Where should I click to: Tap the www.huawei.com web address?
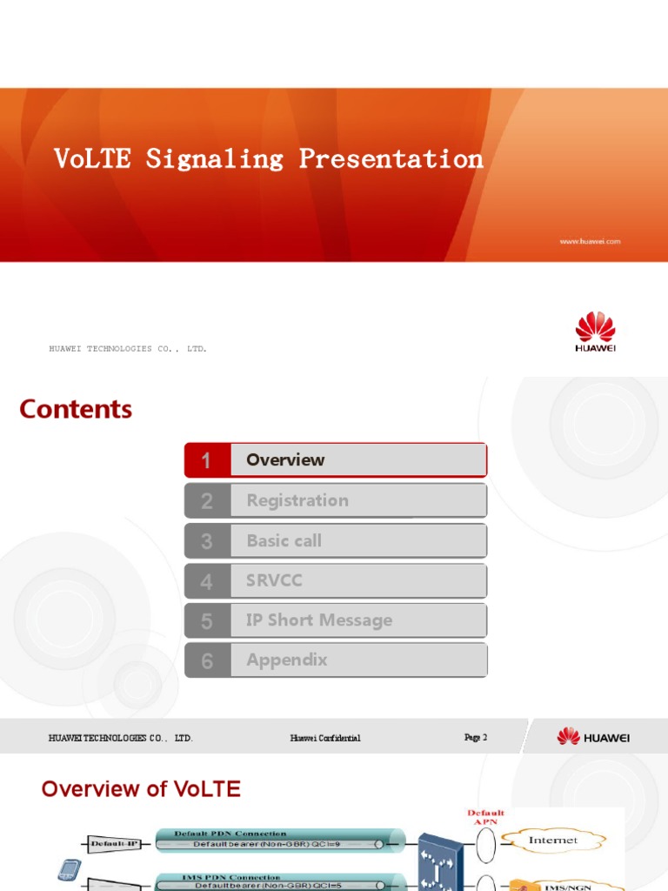589,242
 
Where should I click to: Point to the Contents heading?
76,409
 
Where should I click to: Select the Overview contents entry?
285,459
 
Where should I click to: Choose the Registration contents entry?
297,500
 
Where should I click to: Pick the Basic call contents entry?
284,540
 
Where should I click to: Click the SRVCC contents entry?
274,580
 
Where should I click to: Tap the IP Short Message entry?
319,620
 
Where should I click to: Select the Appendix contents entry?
287,660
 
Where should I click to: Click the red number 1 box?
207,460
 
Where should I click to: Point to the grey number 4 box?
207,581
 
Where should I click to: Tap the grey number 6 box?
207,660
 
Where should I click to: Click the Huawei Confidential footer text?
325,739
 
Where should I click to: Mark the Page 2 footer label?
476,738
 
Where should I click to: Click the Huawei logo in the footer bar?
593,737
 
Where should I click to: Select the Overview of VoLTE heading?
141,789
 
